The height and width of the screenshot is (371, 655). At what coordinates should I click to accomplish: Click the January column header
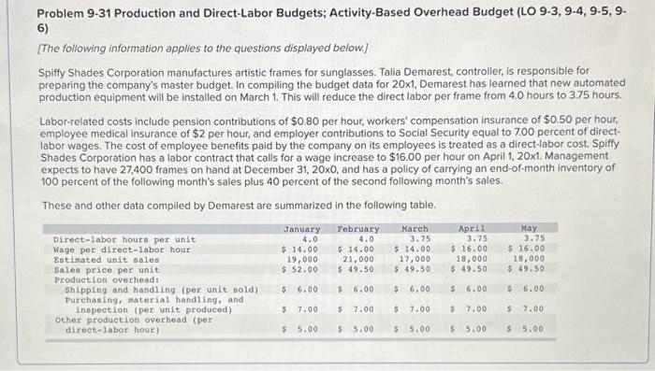tap(301, 229)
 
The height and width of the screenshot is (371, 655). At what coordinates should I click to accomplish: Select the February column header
tap(358, 229)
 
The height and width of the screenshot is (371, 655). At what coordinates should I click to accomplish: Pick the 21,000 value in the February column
tap(360, 259)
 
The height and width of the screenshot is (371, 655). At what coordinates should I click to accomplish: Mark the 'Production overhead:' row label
tap(95, 279)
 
